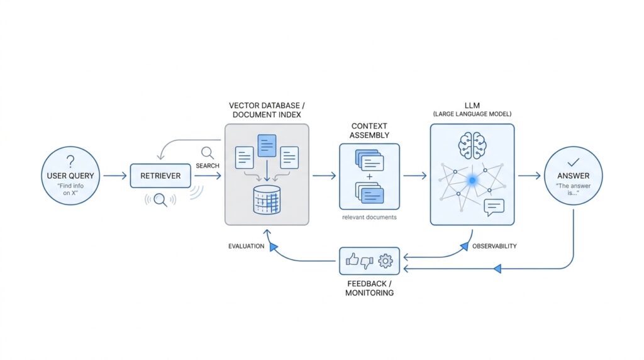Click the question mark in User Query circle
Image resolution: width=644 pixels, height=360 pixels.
tap(70, 160)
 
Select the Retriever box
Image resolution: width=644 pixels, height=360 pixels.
tap(160, 176)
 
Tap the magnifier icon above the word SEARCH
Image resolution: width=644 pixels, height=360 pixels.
tap(208, 152)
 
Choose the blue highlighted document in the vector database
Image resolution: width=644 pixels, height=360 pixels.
tap(267, 145)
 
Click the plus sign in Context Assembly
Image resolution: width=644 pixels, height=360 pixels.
tap(369, 176)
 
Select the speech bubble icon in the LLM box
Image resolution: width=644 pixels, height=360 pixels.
tap(495, 208)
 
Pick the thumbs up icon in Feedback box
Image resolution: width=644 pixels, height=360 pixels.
tap(352, 259)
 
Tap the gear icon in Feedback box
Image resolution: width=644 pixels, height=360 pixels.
tap(385, 260)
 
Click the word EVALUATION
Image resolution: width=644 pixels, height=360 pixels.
tap(246, 246)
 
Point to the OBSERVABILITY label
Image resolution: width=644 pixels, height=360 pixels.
tap(494, 246)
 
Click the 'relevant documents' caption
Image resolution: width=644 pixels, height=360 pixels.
tap(369, 217)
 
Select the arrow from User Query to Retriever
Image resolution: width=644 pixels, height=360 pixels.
tap(114, 176)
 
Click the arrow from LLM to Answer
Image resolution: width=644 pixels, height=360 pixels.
tap(528, 176)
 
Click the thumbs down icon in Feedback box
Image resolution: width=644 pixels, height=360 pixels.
tap(367, 261)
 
